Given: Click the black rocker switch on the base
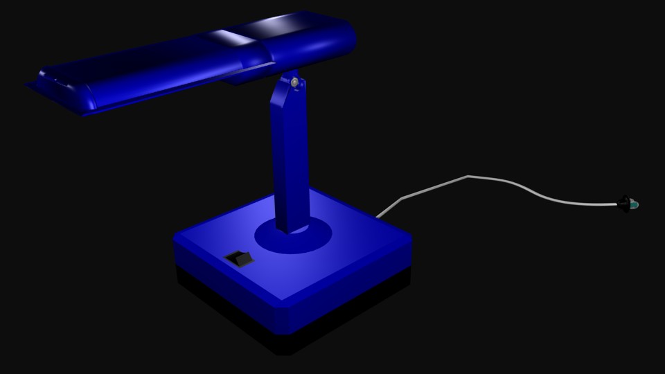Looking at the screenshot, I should click(x=240, y=260).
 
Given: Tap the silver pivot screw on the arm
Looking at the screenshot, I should click(x=296, y=83).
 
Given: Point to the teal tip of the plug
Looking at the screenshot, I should click(x=634, y=205).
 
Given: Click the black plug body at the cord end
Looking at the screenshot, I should click(x=625, y=203).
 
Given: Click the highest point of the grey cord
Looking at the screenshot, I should click(x=469, y=176).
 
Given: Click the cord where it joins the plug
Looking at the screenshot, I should click(x=616, y=204).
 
